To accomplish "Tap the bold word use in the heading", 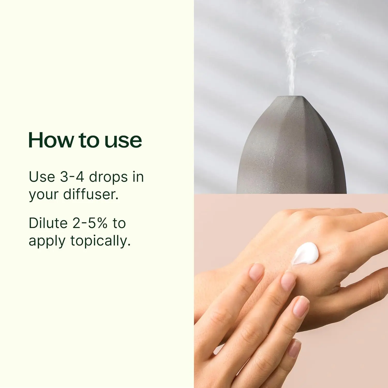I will [x=123, y=140].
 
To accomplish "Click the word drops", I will [x=108, y=177].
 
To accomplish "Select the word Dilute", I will [x=48, y=223].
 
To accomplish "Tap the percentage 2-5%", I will [x=90, y=223].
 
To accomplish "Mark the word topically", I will [x=100, y=241].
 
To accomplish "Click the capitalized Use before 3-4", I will [x=42, y=177].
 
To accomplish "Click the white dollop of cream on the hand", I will [x=305, y=253].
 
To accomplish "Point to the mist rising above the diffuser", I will [x=292, y=65].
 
